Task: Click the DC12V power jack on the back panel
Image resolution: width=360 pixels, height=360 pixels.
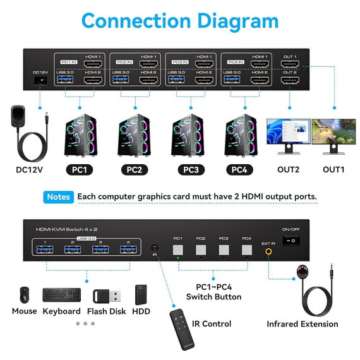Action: (39, 80)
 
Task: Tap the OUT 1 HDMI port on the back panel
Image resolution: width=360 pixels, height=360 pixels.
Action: (290, 64)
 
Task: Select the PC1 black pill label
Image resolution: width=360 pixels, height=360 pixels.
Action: (81, 169)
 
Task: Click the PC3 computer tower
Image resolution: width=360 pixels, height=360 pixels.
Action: (189, 136)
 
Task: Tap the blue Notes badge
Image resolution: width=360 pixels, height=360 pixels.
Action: (59, 197)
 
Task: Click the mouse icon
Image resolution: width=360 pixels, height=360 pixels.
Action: (24, 294)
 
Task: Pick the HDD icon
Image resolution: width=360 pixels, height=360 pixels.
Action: (141, 295)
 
